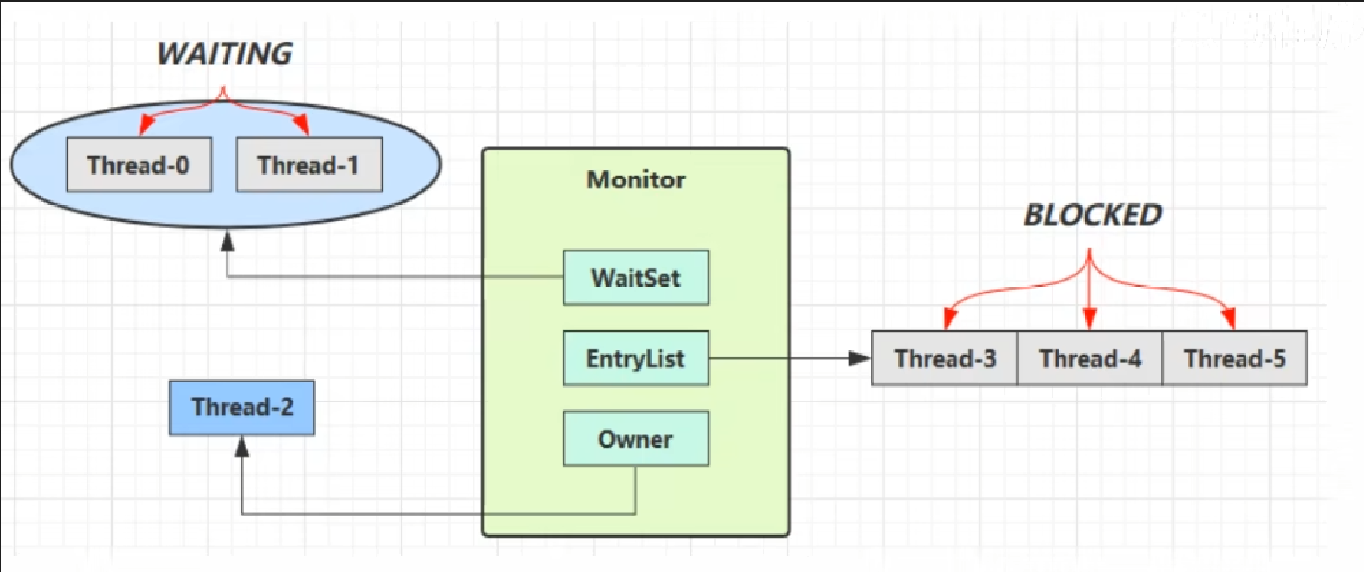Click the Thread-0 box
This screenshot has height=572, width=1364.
pyautogui.click(x=139, y=165)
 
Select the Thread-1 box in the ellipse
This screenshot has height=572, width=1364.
pyautogui.click(x=309, y=165)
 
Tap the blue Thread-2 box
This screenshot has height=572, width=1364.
pyautogui.click(x=242, y=407)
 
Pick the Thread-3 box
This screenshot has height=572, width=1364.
pyautogui.click(x=945, y=358)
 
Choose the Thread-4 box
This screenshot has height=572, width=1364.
pyautogui.click(x=1090, y=358)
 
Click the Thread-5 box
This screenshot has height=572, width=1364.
pyautogui.click(x=1234, y=358)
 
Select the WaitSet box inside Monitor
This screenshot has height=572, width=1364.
pyautogui.click(x=636, y=278)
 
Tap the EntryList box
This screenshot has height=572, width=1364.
pyautogui.click(x=636, y=358)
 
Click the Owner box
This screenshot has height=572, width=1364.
pyautogui.click(x=636, y=439)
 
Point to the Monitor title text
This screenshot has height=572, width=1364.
pyautogui.click(x=636, y=179)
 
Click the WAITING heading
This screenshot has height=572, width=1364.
pyautogui.click(x=224, y=54)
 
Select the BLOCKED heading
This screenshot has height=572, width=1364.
pyautogui.click(x=1093, y=214)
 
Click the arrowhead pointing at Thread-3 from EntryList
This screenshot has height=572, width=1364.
pyautogui.click(x=859, y=358)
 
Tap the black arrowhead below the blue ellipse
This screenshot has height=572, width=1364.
pyautogui.click(x=228, y=242)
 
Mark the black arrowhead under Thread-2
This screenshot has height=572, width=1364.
pyautogui.click(x=242, y=447)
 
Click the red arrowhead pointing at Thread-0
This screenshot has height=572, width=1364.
pyautogui.click(x=146, y=125)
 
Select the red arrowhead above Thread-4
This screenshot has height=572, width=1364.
pyautogui.click(x=1089, y=319)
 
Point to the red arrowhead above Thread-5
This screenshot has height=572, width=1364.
pyautogui.click(x=1229, y=319)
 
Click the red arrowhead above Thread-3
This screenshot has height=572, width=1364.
pyautogui.click(x=949, y=319)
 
